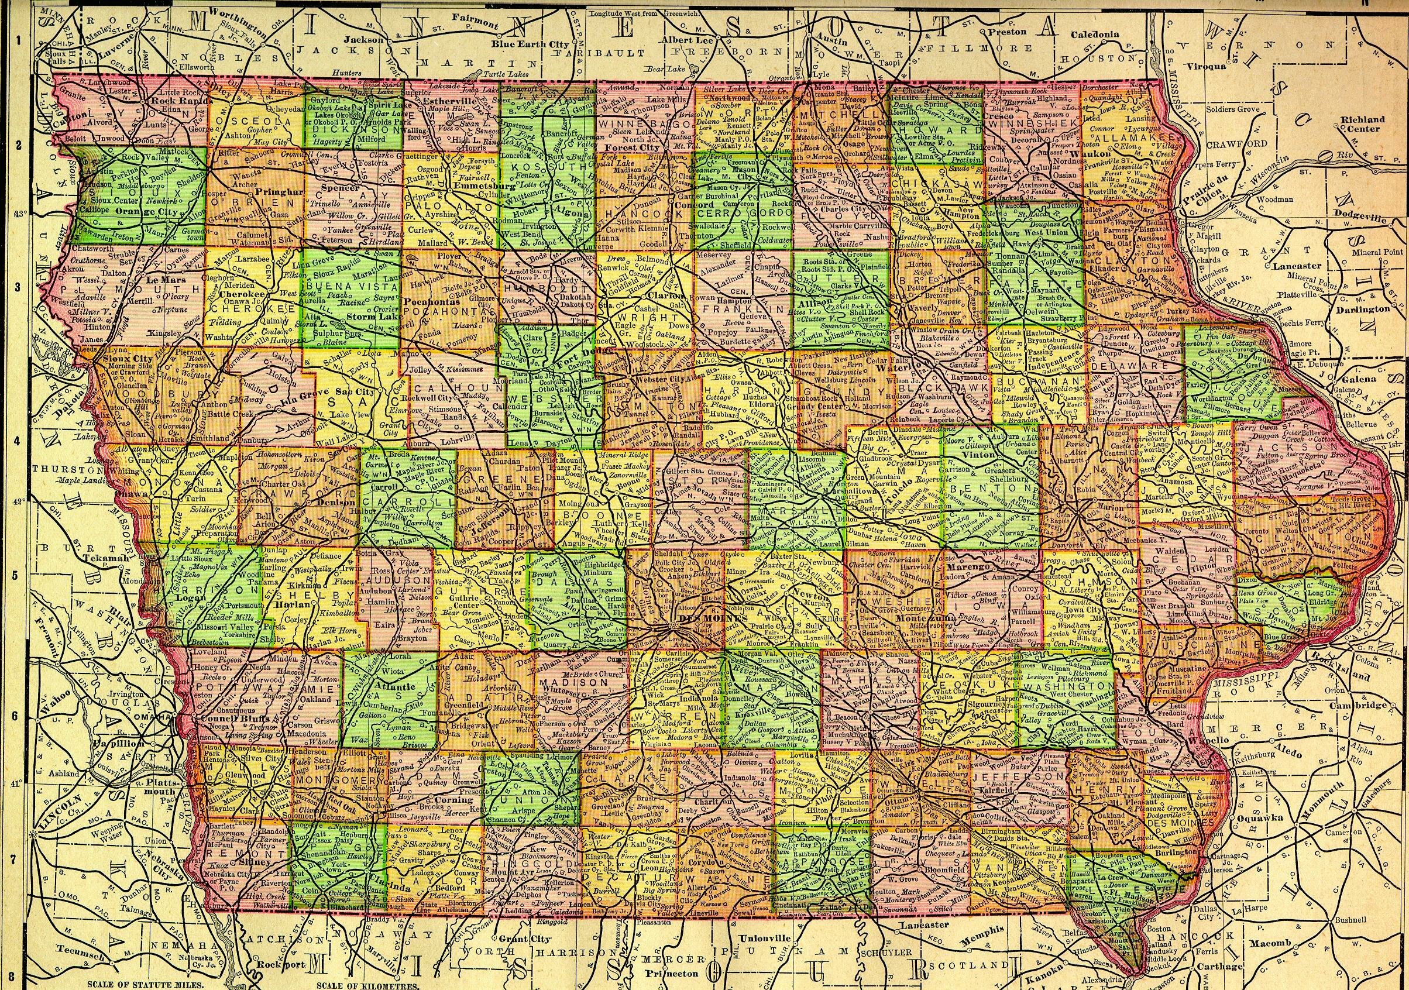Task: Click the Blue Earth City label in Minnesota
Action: click(x=530, y=44)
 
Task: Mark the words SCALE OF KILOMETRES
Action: click(x=367, y=985)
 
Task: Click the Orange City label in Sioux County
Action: click(x=146, y=212)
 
